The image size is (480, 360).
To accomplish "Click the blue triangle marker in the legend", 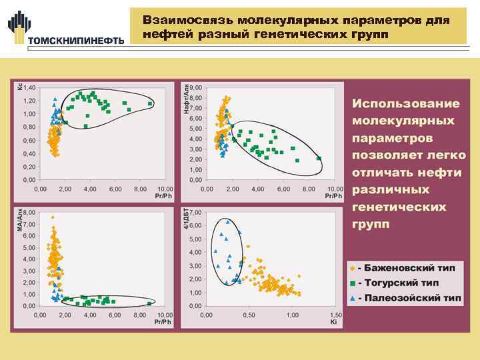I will pos(352,297).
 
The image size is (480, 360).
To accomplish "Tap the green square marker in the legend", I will pos(352,282).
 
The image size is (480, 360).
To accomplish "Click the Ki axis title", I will pos(333,322).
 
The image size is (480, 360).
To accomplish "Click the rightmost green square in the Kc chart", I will pos(151,104).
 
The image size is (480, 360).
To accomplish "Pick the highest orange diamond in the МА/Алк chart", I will pos(53,217).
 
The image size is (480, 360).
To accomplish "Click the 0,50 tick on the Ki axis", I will pos(249,315).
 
